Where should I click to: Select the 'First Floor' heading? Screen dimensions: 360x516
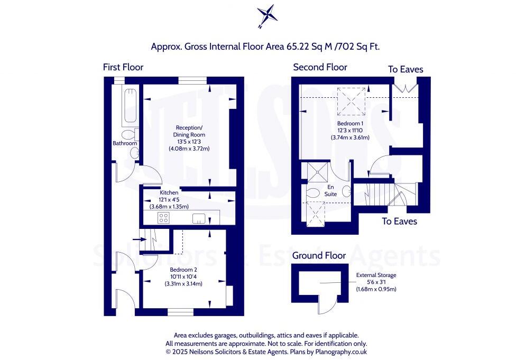coord(123,67)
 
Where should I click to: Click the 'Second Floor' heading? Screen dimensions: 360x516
coord(320,67)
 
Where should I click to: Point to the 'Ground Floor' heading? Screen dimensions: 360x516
coord(319,255)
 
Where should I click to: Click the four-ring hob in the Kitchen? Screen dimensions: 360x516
coord(163,218)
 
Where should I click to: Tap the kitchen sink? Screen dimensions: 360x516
coord(199,218)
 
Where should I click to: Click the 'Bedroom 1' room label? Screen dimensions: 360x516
coord(346,123)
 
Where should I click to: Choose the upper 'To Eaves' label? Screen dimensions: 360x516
coord(406,69)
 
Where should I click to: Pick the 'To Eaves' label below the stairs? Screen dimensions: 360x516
coord(399,221)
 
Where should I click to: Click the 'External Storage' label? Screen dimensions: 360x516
coord(376,275)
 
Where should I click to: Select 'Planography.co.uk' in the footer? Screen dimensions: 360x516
coord(339,352)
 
